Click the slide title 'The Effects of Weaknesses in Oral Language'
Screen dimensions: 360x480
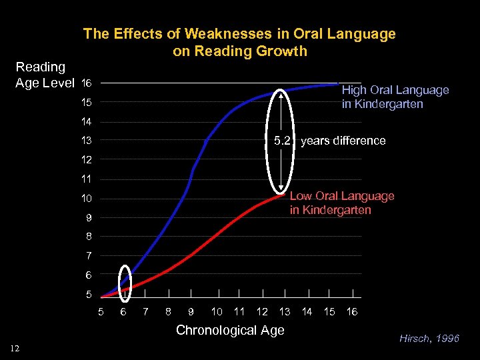point(239,34)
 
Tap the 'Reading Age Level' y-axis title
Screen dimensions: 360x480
point(45,75)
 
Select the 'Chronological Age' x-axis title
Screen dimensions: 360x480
point(229,330)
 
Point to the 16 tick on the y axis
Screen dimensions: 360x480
point(85,83)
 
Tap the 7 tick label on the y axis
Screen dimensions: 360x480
point(89,256)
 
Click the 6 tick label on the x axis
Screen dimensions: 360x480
point(123,311)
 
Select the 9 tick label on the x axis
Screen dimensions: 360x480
point(191,311)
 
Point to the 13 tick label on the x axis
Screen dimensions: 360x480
point(285,311)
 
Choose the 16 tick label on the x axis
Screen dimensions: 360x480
point(352,311)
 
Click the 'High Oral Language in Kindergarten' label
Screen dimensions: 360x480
point(395,97)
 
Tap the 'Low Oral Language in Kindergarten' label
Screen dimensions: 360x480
point(341,203)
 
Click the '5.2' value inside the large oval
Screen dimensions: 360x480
point(283,141)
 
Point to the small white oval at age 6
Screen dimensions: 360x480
point(124,279)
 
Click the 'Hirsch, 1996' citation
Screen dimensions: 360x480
point(429,339)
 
